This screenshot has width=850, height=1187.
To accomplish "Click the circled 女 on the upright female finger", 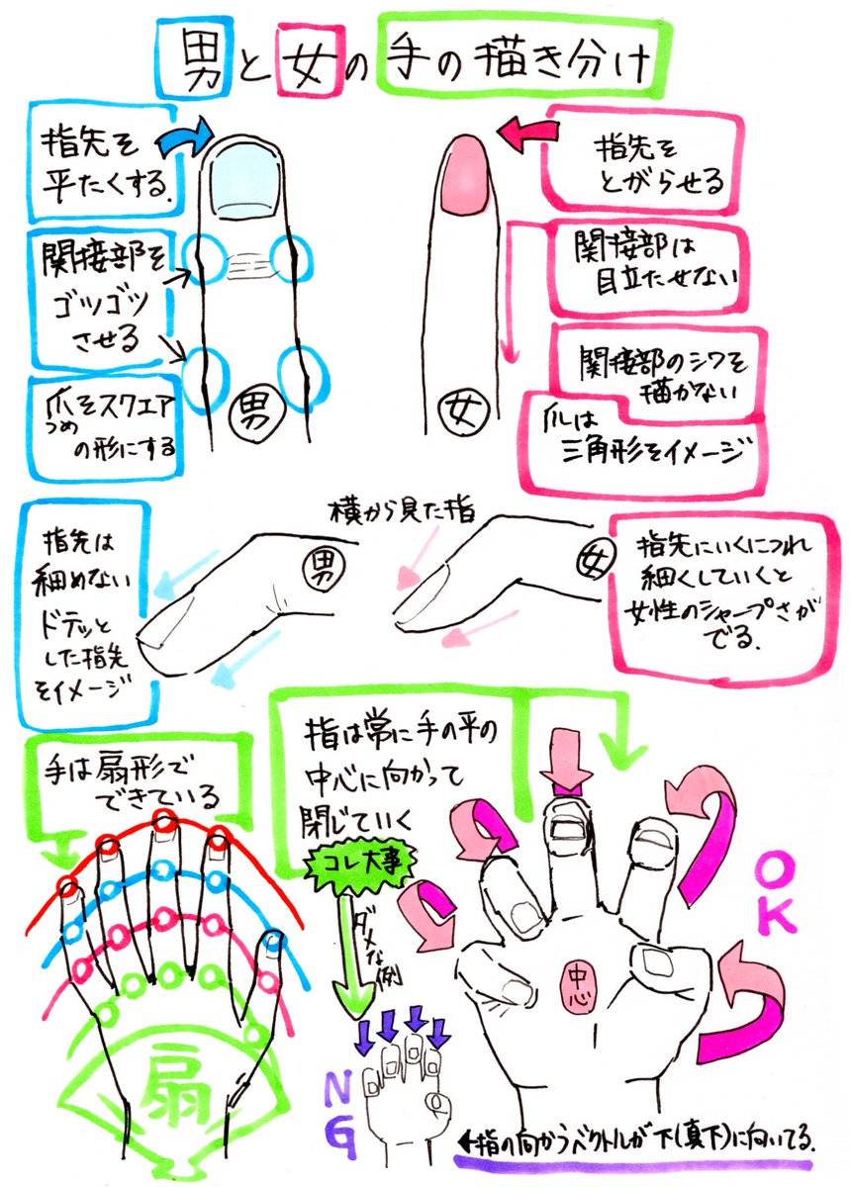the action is (x=466, y=408).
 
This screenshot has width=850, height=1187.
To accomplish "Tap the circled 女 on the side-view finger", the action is (x=583, y=556).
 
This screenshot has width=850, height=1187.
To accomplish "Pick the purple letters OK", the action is (x=778, y=895).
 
